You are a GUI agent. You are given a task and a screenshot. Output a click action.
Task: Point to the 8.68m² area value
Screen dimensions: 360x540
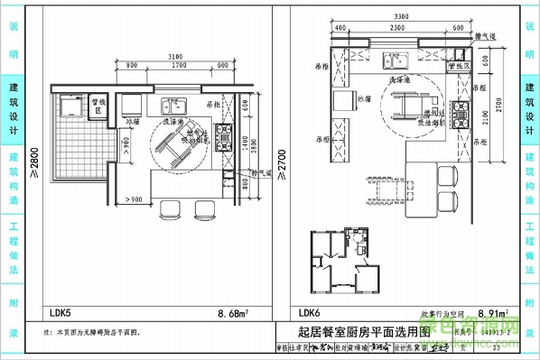[233, 313]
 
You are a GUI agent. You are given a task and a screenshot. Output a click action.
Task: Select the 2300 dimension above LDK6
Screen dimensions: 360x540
[396, 29]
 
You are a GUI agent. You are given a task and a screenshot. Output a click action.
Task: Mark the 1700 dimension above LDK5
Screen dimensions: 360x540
[179, 67]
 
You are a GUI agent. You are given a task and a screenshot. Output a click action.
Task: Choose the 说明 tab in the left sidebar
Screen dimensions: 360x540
[13, 41]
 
